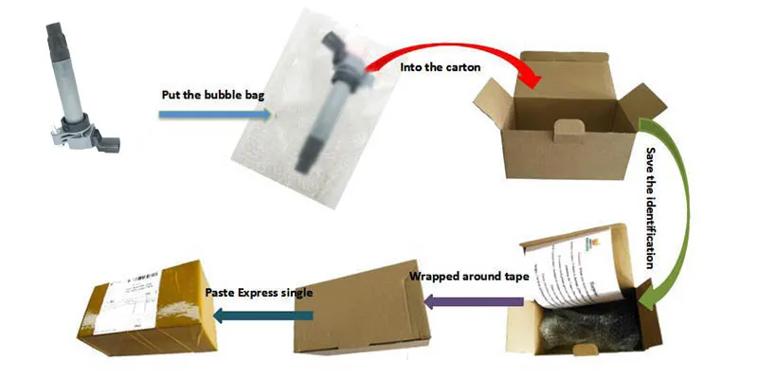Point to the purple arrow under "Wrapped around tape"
474,301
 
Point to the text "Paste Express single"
258,292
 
